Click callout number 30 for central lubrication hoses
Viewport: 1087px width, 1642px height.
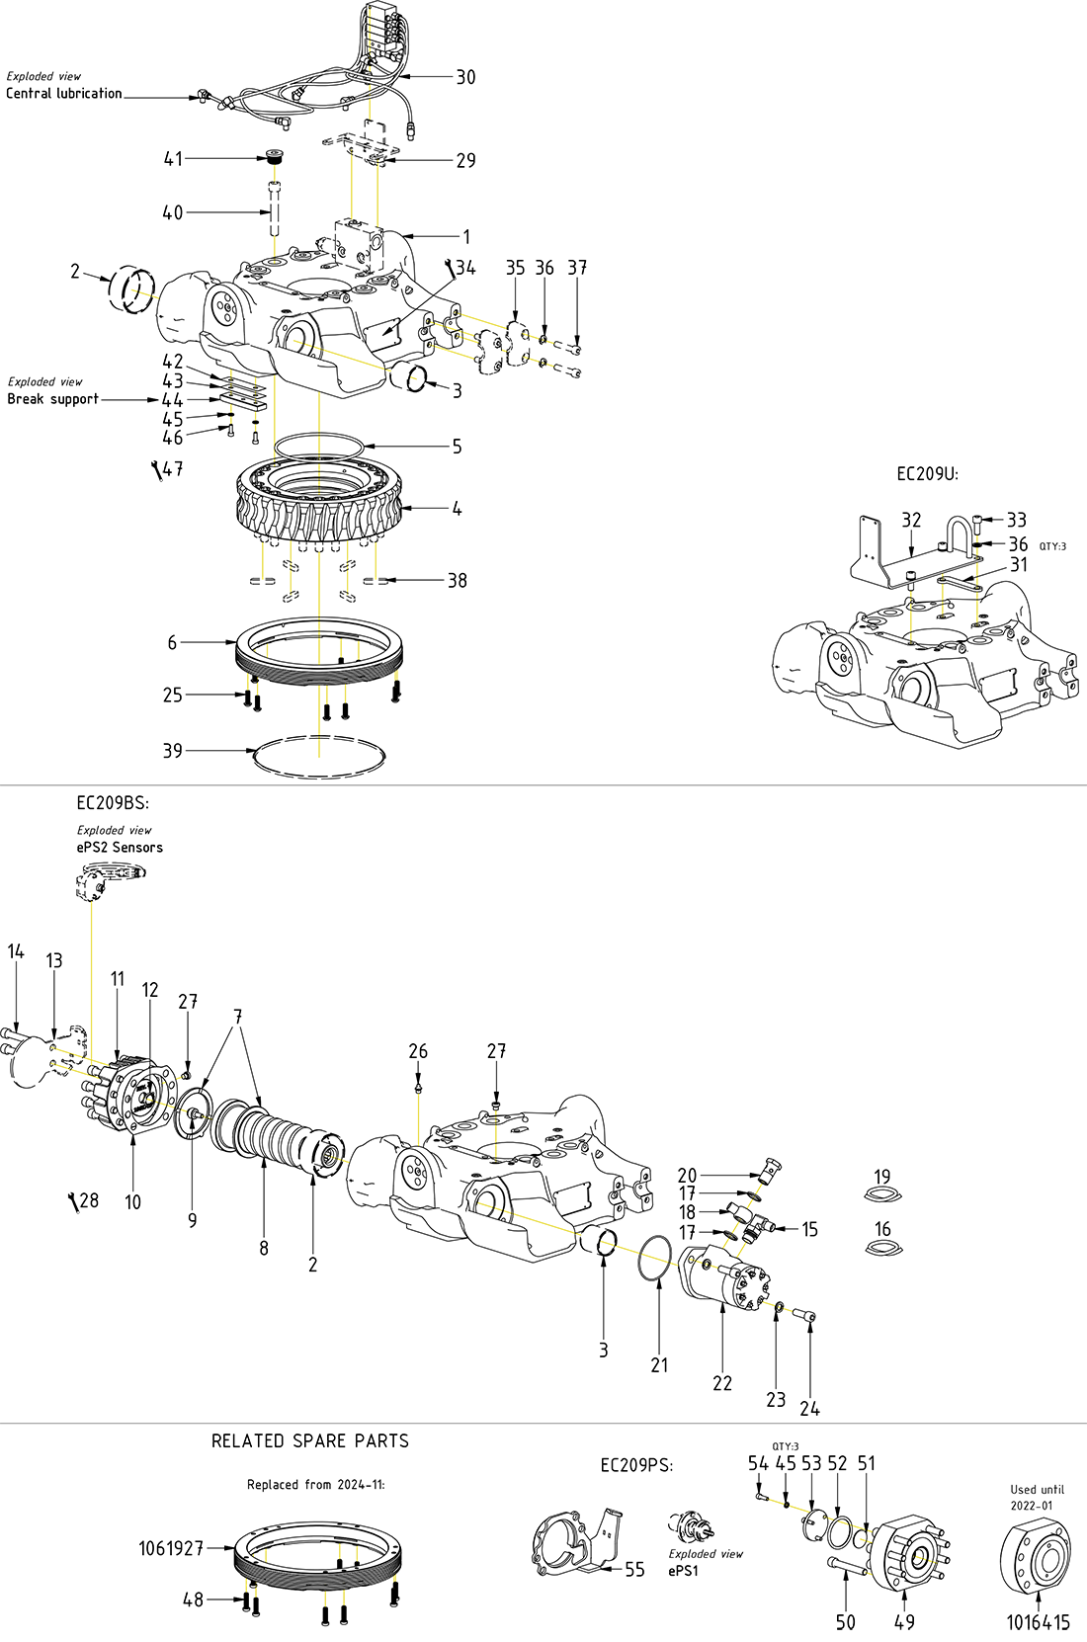pyautogui.click(x=464, y=77)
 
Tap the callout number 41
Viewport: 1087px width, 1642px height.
pyautogui.click(x=173, y=158)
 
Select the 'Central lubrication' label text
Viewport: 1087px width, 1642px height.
pyautogui.click(x=64, y=94)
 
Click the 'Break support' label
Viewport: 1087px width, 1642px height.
pyautogui.click(x=53, y=399)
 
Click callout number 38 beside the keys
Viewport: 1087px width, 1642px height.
pyautogui.click(x=457, y=581)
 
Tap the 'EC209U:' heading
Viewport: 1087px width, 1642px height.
pyautogui.click(x=927, y=474)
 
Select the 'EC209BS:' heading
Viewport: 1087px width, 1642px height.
pyautogui.click(x=113, y=803)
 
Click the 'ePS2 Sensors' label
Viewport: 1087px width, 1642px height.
pyautogui.click(x=120, y=848)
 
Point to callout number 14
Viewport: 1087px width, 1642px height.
pyautogui.click(x=16, y=951)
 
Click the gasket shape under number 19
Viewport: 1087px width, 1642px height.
pyautogui.click(x=882, y=1196)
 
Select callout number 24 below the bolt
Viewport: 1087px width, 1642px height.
pyautogui.click(x=810, y=1409)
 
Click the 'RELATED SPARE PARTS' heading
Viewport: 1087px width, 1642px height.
pyautogui.click(x=310, y=1441)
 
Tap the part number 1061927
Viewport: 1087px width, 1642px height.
pyautogui.click(x=171, y=1548)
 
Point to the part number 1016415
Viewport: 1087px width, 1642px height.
pyautogui.click(x=1038, y=1622)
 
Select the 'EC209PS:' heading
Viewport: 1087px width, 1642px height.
pyautogui.click(x=636, y=1465)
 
